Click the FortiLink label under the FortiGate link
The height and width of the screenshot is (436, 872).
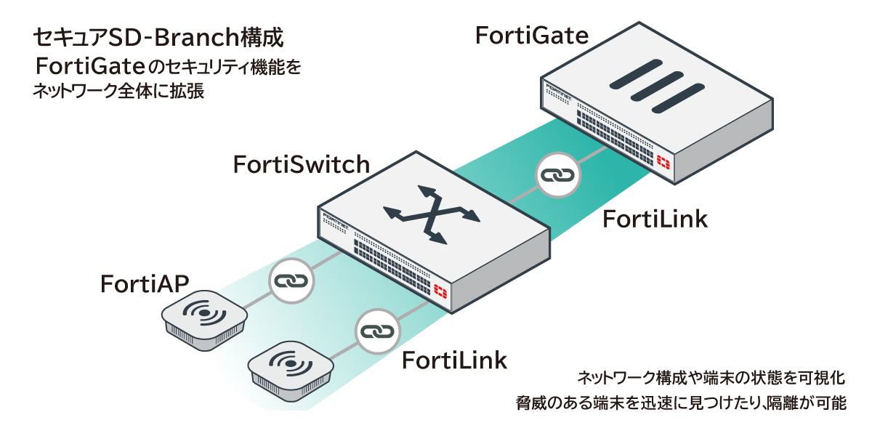(x=655, y=219)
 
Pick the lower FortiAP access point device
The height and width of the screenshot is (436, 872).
(x=291, y=367)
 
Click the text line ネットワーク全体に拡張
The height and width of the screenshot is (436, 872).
(x=117, y=92)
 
